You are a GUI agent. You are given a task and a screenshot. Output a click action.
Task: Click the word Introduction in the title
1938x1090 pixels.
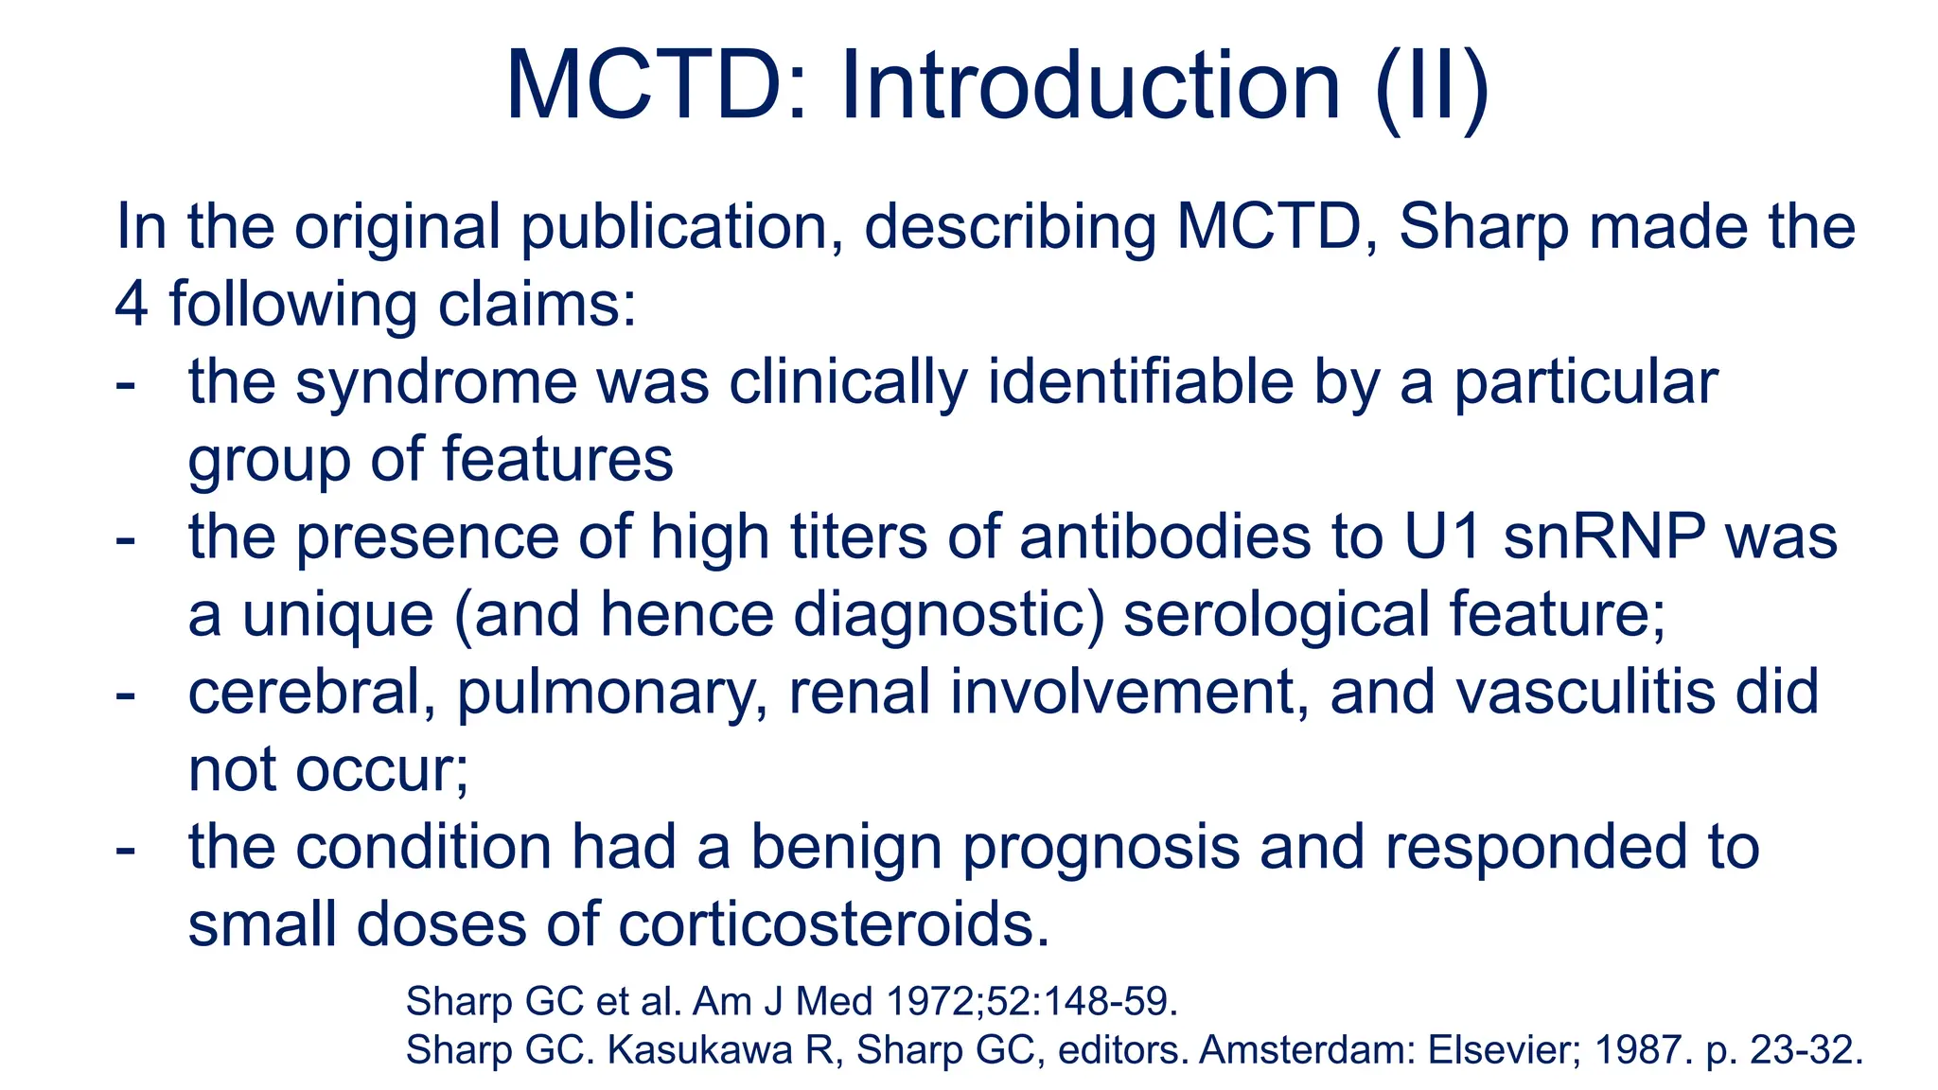click(1090, 87)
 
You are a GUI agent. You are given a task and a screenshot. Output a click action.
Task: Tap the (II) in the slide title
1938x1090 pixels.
click(1432, 87)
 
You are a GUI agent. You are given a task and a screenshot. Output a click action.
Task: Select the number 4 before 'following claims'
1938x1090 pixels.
click(132, 305)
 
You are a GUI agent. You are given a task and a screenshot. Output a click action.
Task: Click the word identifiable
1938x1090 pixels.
click(1140, 383)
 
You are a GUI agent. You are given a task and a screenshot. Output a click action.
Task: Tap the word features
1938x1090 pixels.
click(557, 460)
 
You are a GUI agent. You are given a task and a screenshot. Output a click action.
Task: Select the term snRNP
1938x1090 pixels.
click(1605, 537)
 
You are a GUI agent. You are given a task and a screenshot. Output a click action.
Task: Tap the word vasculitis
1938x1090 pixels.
click(1585, 693)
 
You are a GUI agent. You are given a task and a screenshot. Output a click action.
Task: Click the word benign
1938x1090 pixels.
click(847, 848)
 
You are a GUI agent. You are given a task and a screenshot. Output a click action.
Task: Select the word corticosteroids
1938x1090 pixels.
click(834, 924)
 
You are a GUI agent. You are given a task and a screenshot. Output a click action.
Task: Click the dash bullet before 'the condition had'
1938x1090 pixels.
click(125, 848)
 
